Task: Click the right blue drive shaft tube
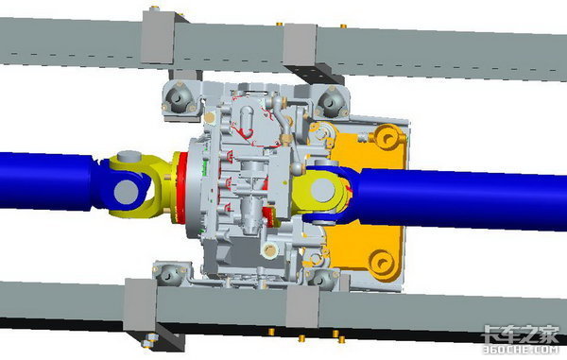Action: (x=459, y=198)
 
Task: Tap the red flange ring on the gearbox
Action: (x=180, y=187)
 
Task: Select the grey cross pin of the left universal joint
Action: (x=126, y=191)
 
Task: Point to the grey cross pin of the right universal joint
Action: (x=322, y=190)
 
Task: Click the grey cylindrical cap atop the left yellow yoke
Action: (x=129, y=157)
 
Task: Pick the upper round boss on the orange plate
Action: (x=387, y=137)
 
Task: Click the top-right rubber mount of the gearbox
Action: (x=331, y=100)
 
